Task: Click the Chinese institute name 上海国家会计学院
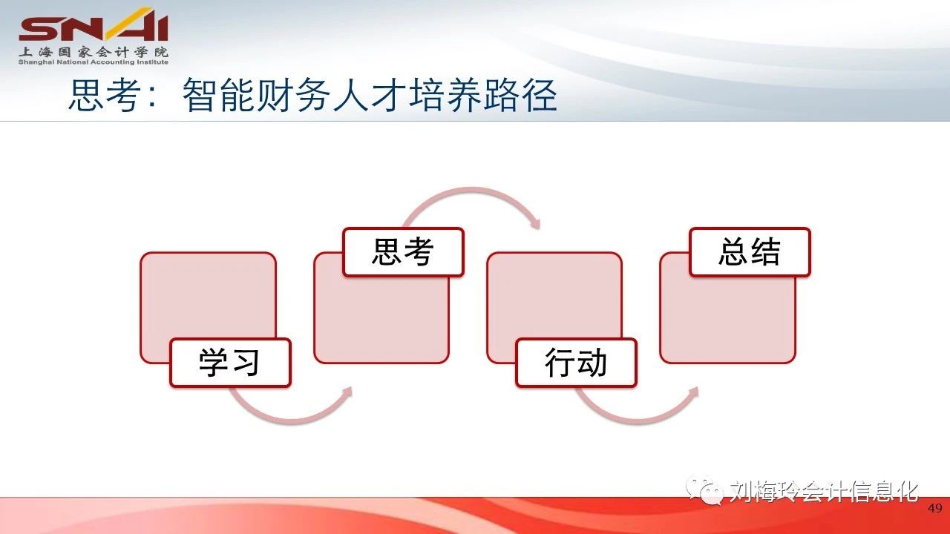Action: coord(94,52)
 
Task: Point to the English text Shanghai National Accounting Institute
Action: coord(94,62)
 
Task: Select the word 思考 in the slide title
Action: coord(105,95)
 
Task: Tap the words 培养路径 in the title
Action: coord(482,95)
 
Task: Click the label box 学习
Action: coord(230,363)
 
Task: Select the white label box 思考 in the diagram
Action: coord(403,252)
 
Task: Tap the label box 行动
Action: coord(577,363)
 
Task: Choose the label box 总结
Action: coord(750,252)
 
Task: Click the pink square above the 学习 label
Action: coord(208,297)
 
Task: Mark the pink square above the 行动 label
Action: coord(554,297)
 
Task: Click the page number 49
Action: coord(935,508)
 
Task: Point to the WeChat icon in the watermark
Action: coord(704,490)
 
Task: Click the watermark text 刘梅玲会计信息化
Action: coord(824,492)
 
